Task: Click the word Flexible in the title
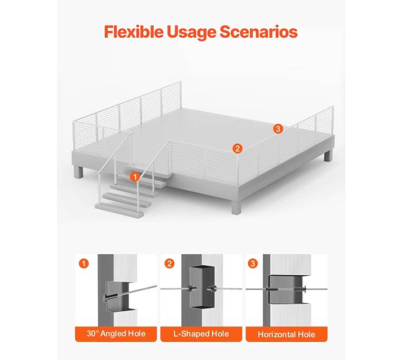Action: pyautogui.click(x=134, y=32)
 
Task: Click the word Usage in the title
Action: pyautogui.click(x=192, y=32)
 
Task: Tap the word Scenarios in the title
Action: pyautogui.click(x=259, y=32)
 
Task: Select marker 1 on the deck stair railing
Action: pyautogui.click(x=135, y=177)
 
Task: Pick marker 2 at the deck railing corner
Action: pyautogui.click(x=237, y=149)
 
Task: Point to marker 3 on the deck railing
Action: pyautogui.click(x=278, y=129)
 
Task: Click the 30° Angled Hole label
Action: pyautogui.click(x=116, y=334)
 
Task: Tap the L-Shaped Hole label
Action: pyautogui.click(x=201, y=334)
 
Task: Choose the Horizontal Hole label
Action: pyautogui.click(x=286, y=334)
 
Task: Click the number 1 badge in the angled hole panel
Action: pyautogui.click(x=84, y=263)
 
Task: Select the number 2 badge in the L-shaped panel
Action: pyautogui.click(x=169, y=263)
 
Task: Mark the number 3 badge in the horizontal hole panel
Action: pyautogui.click(x=253, y=263)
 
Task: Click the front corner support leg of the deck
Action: pyautogui.click(x=237, y=208)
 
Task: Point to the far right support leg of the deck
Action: pyautogui.click(x=328, y=156)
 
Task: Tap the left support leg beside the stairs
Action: pyautogui.click(x=79, y=172)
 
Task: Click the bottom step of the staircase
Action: pyautogui.click(x=120, y=210)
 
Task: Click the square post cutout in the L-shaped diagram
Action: pyautogui.click(x=202, y=286)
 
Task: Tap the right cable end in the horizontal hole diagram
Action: pyautogui.click(x=316, y=289)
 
